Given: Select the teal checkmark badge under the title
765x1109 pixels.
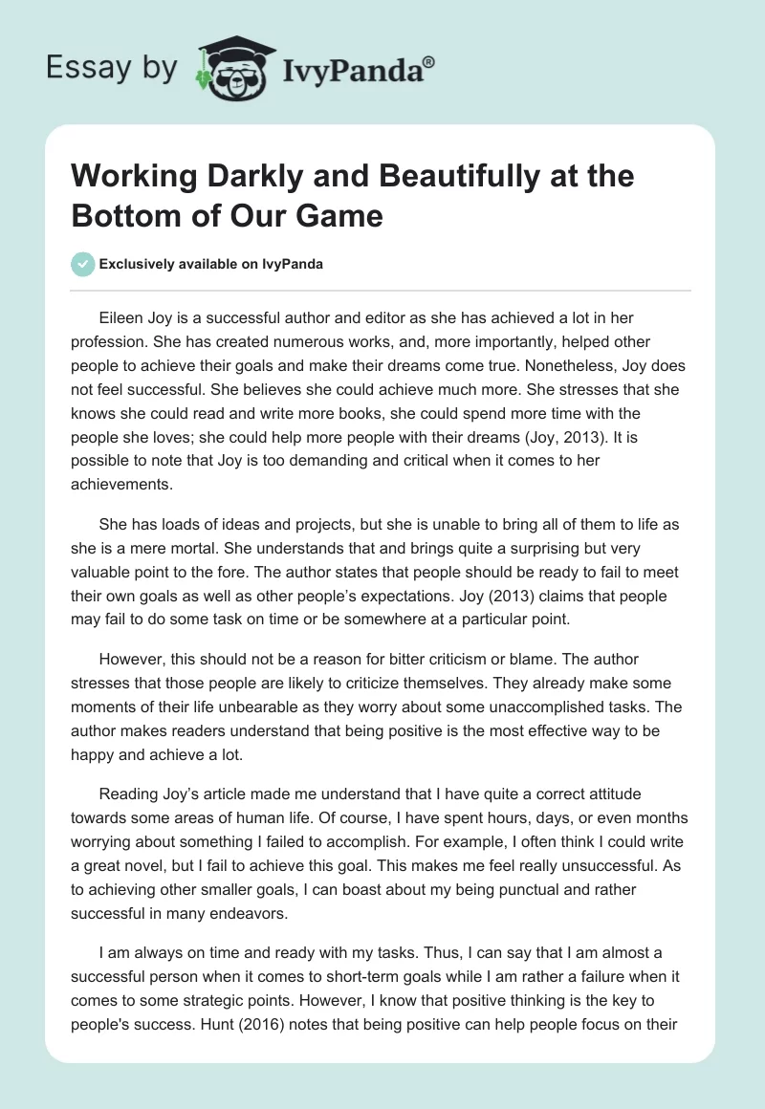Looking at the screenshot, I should pyautogui.click(x=83, y=264).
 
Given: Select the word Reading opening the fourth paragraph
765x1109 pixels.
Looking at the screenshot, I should pyautogui.click(x=127, y=794).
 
